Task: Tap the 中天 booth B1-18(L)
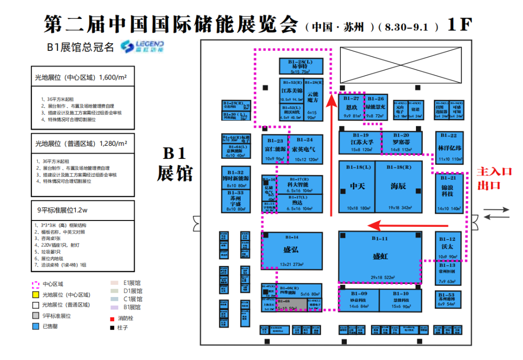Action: click(x=356, y=187)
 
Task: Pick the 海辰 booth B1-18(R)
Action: click(x=398, y=187)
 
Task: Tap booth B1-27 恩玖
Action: click(x=351, y=107)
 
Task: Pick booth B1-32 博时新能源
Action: click(x=236, y=178)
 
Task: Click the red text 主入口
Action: click(x=494, y=172)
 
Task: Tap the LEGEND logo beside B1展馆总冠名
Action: click(x=142, y=46)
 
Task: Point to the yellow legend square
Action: click(x=35, y=295)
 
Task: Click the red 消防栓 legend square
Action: click(x=113, y=318)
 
